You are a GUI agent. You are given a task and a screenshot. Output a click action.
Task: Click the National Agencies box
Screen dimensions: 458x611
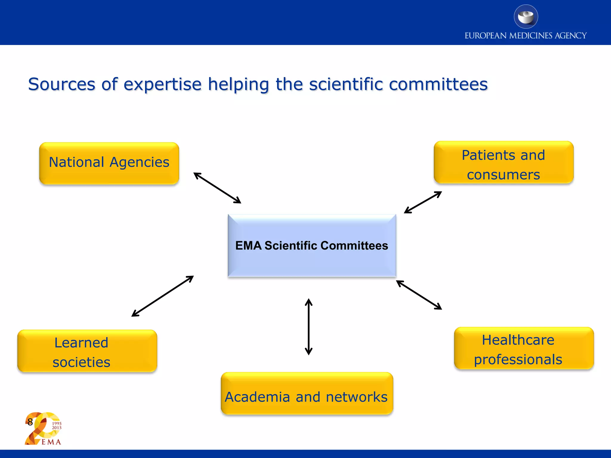pos(109,163)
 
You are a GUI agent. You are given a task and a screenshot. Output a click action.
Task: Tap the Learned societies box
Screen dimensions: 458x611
pos(87,351)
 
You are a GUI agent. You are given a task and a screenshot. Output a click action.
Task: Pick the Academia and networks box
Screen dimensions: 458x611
pos(307,393)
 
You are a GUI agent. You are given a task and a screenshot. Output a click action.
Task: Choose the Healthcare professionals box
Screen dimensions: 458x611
pos(524,348)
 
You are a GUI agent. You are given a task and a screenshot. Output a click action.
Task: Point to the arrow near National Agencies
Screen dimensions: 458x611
pos(217,188)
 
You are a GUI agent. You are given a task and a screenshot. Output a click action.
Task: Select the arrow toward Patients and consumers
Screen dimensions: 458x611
pos(423,202)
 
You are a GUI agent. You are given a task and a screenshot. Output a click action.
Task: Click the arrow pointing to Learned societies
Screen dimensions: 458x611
pos(163,296)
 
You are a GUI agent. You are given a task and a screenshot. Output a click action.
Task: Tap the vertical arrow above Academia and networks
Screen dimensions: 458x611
pos(308,327)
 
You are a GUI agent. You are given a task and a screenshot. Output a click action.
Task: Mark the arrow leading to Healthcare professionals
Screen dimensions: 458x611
pos(419,295)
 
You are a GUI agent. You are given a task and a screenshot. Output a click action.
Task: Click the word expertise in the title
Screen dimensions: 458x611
pos(163,85)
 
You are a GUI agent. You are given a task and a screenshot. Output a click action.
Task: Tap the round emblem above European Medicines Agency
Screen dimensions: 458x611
pos(526,17)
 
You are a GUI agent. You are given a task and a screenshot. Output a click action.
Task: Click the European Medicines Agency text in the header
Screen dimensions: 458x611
pos(525,36)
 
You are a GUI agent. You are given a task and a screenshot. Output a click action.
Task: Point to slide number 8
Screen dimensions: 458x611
pos(30,422)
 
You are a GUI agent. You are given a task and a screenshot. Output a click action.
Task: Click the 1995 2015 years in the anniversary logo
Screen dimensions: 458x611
pos(57,425)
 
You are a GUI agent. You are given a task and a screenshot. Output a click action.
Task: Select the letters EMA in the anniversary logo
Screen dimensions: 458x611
pos(51,442)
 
